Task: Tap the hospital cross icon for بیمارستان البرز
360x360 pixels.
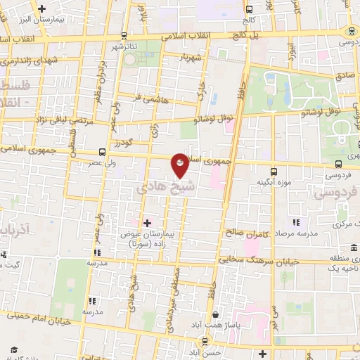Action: coord(44,9)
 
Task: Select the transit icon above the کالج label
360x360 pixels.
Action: coord(250,11)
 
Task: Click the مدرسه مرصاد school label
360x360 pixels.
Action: coord(295,233)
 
